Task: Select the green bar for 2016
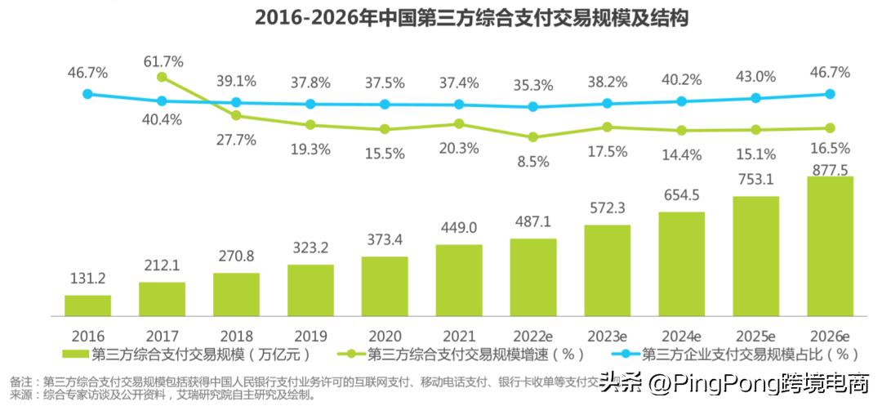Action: pos(87,306)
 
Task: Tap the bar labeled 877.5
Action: pos(830,246)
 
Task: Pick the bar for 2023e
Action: pos(607,270)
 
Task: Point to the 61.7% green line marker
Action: pos(162,77)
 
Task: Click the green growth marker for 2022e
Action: pos(533,137)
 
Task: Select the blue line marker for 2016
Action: pos(87,94)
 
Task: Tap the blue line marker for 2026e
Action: pos(830,94)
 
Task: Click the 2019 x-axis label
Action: pos(310,336)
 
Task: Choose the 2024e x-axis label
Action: pos(681,336)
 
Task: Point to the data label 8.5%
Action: pos(533,162)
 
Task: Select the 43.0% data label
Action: pos(755,76)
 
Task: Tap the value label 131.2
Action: pos(87,279)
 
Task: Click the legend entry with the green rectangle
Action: pos(188,355)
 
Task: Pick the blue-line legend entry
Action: pos(735,355)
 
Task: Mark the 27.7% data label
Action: pos(236,140)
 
